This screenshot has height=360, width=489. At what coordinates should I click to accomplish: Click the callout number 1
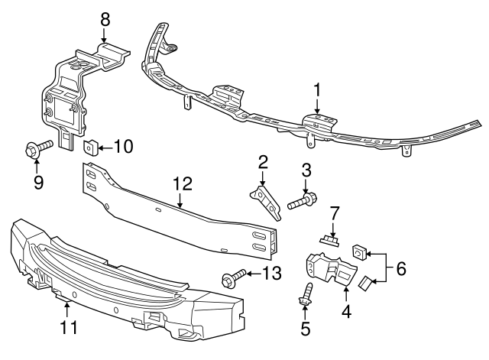coord(316,91)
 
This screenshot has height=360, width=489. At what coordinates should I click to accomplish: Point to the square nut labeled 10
coord(89,145)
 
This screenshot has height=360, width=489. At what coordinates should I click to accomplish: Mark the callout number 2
coord(262,162)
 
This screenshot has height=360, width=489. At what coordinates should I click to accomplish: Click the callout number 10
coord(122,145)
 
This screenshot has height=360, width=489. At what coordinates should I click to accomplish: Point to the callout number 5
coord(306,330)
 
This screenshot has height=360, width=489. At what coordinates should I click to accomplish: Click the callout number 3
coord(306,169)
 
